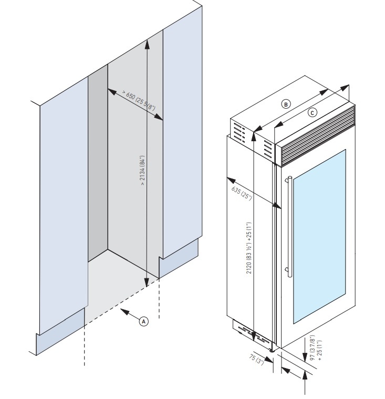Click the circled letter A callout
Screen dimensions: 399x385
(x=142, y=320)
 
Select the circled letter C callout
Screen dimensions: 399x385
(x=311, y=112)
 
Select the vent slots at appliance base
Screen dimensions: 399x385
(x=246, y=331)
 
